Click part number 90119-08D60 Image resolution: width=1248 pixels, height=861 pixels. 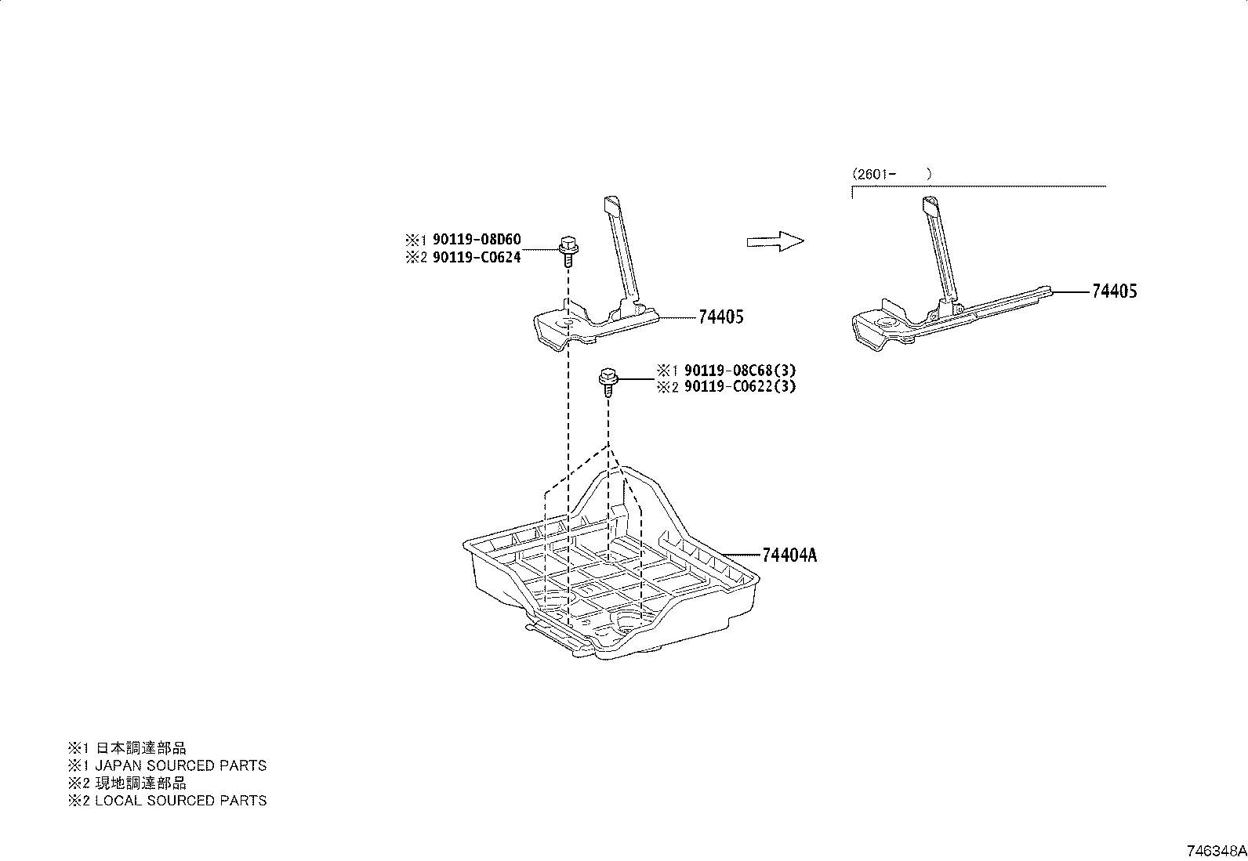477,240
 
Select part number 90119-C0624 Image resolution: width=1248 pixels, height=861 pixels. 477,257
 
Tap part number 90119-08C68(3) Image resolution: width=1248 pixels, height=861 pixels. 740,371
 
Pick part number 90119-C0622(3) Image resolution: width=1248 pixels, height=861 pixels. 740,386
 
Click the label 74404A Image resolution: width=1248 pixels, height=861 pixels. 789,555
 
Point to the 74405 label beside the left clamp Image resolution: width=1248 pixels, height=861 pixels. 721,317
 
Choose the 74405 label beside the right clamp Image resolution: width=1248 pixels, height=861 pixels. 1114,291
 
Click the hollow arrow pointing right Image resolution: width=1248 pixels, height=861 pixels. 775,241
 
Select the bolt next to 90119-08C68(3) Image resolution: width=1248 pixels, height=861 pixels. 608,382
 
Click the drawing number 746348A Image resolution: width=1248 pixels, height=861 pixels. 1216,852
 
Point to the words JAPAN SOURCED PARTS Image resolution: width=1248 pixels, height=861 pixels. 180,765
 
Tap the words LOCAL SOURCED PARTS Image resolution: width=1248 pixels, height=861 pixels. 180,801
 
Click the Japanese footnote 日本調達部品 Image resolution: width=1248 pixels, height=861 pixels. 141,748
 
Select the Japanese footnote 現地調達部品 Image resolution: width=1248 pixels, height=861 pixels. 141,783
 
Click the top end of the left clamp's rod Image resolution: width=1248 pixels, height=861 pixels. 611,202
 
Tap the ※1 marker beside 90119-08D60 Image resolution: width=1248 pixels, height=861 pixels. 415,240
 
